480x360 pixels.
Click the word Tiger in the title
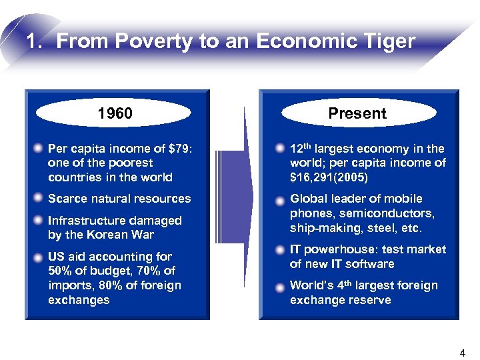click(387, 41)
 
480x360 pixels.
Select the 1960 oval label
click(115, 113)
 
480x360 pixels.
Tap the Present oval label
click(357, 113)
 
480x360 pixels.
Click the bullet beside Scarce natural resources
click(41, 198)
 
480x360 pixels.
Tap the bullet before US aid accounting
click(41, 257)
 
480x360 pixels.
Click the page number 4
click(463, 351)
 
